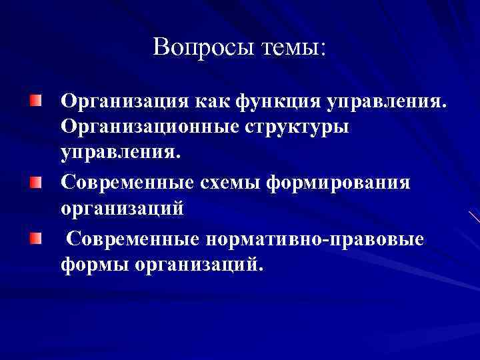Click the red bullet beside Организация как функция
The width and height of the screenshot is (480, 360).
35,101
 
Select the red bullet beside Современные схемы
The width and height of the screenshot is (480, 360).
35,180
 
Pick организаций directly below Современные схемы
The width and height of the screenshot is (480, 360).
121,209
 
